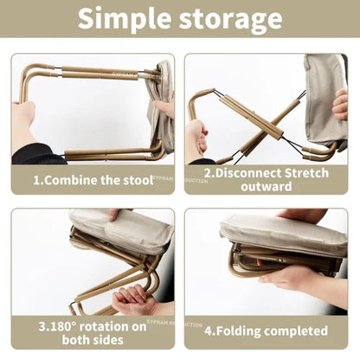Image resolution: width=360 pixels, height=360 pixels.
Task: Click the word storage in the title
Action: tap(228, 19)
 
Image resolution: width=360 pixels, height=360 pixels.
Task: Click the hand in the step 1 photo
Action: tap(23, 121)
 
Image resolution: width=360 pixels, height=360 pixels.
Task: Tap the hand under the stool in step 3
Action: tap(134, 299)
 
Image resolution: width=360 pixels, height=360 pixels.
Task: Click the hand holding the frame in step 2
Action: tap(196, 138)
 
